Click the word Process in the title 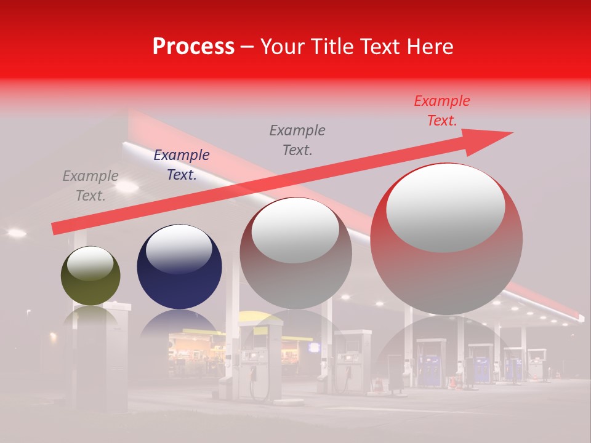coord(193,47)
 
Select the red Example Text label coord(442,111)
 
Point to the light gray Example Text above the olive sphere coord(90,186)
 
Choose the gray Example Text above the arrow coord(297,140)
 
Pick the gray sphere coord(295,271)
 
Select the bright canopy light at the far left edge coord(16,233)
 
